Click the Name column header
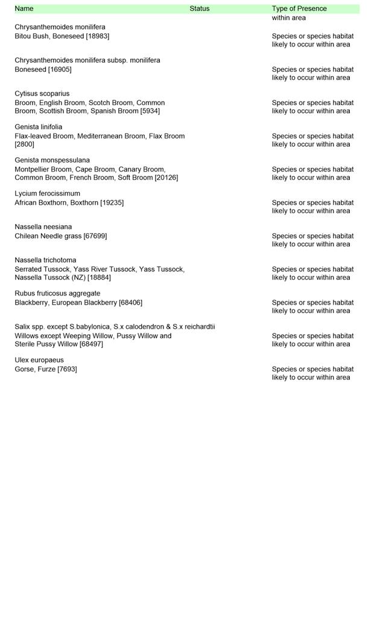[24, 8]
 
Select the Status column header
[199, 8]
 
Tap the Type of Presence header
[299, 8]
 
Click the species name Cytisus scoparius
[42, 94]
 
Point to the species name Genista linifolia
[39, 127]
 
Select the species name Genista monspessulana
[52, 160]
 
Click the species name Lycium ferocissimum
[48, 193]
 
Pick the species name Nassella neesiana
[43, 227]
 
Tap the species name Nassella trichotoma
[45, 260]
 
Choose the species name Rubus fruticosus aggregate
[57, 293]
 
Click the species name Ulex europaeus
[39, 359]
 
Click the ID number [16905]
[60, 69]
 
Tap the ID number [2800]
[25, 144]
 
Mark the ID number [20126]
[166, 178]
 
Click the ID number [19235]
[112, 202]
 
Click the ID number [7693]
[67, 369]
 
